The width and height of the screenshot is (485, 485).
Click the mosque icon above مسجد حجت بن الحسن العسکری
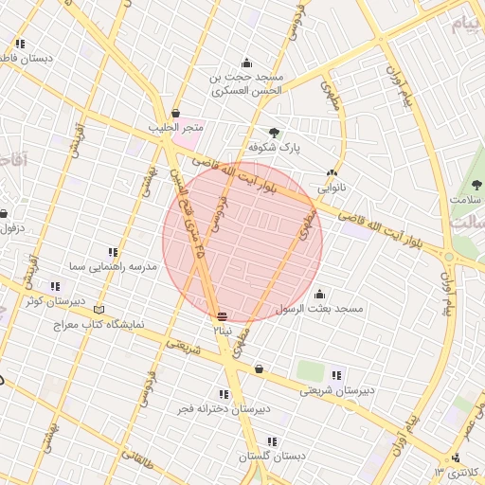[x=246, y=63]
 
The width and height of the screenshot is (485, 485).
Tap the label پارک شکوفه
[x=273, y=149]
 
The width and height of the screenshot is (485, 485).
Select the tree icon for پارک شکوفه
[x=275, y=134]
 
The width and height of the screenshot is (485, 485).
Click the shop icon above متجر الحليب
[x=175, y=113]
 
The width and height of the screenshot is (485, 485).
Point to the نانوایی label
[x=332, y=188]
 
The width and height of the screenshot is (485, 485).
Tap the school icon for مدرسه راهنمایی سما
[x=113, y=252]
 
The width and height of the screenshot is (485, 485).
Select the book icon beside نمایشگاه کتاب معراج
[x=99, y=310]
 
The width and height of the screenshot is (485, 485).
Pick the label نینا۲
[x=221, y=331]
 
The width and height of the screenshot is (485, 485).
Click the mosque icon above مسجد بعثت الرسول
[x=319, y=294]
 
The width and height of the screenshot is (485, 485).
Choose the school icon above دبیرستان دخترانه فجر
[x=224, y=394]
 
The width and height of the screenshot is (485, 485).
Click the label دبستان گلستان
[x=272, y=457]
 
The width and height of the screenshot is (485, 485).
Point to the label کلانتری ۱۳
[x=458, y=472]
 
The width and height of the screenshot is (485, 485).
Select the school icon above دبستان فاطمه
[x=20, y=44]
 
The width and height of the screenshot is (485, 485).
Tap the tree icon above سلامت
[x=476, y=185]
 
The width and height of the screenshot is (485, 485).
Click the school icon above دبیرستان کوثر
[x=55, y=286]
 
